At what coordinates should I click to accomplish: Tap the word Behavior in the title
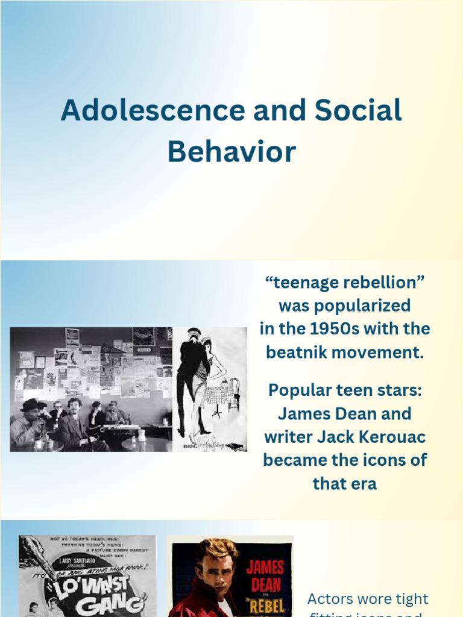[x=231, y=151]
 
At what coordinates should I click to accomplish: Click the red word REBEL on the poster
[x=265, y=606]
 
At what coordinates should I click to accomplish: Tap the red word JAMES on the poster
[x=266, y=568]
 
